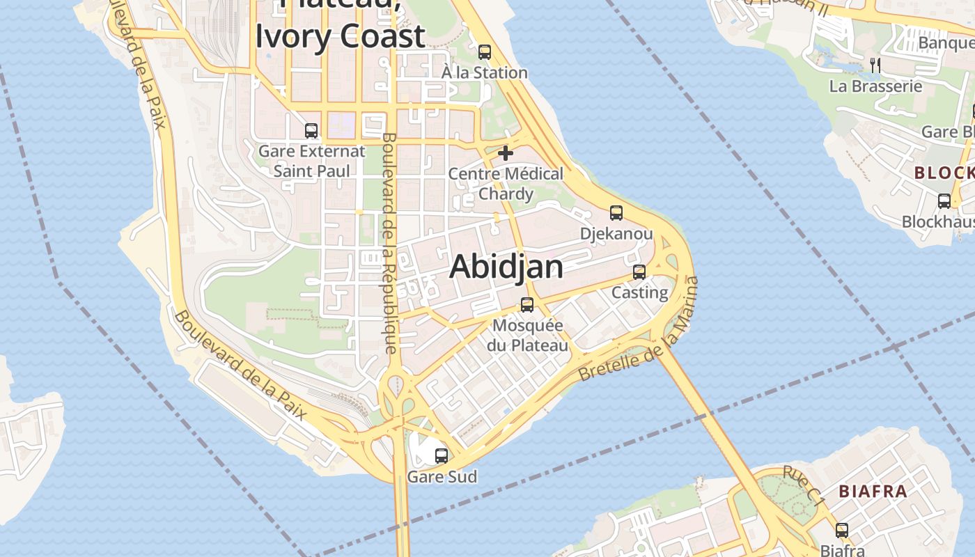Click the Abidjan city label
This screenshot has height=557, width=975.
click(506, 267)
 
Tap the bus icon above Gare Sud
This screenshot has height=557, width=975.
click(441, 456)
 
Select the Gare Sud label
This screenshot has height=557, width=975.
click(442, 477)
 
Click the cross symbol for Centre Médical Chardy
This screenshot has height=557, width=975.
click(506, 153)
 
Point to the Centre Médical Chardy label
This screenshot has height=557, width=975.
click(506, 183)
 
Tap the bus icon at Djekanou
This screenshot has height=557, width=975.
click(616, 213)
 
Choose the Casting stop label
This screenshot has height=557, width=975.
click(639, 292)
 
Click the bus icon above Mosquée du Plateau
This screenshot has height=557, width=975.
click(527, 305)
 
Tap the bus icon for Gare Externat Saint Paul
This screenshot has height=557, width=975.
click(311, 130)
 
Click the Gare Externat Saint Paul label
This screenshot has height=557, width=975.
click(311, 161)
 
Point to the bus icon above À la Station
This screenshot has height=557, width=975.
click(485, 52)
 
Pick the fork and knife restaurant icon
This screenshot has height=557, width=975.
click(875, 65)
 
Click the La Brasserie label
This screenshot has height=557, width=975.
click(875, 86)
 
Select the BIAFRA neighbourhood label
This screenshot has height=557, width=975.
click(873, 492)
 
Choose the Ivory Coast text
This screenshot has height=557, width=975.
click(340, 36)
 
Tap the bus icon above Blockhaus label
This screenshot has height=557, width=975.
click(944, 201)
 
